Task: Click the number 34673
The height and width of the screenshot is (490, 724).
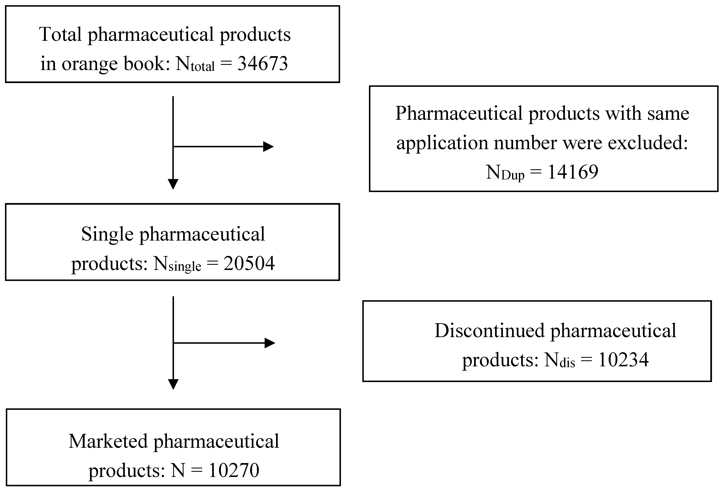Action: coord(262,64)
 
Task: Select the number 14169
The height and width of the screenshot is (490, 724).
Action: coord(573,172)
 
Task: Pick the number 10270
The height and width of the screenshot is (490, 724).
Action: coord(234,470)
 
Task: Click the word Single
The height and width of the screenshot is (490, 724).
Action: coord(107,234)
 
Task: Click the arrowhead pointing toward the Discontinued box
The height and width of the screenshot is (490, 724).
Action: coord(269,343)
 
